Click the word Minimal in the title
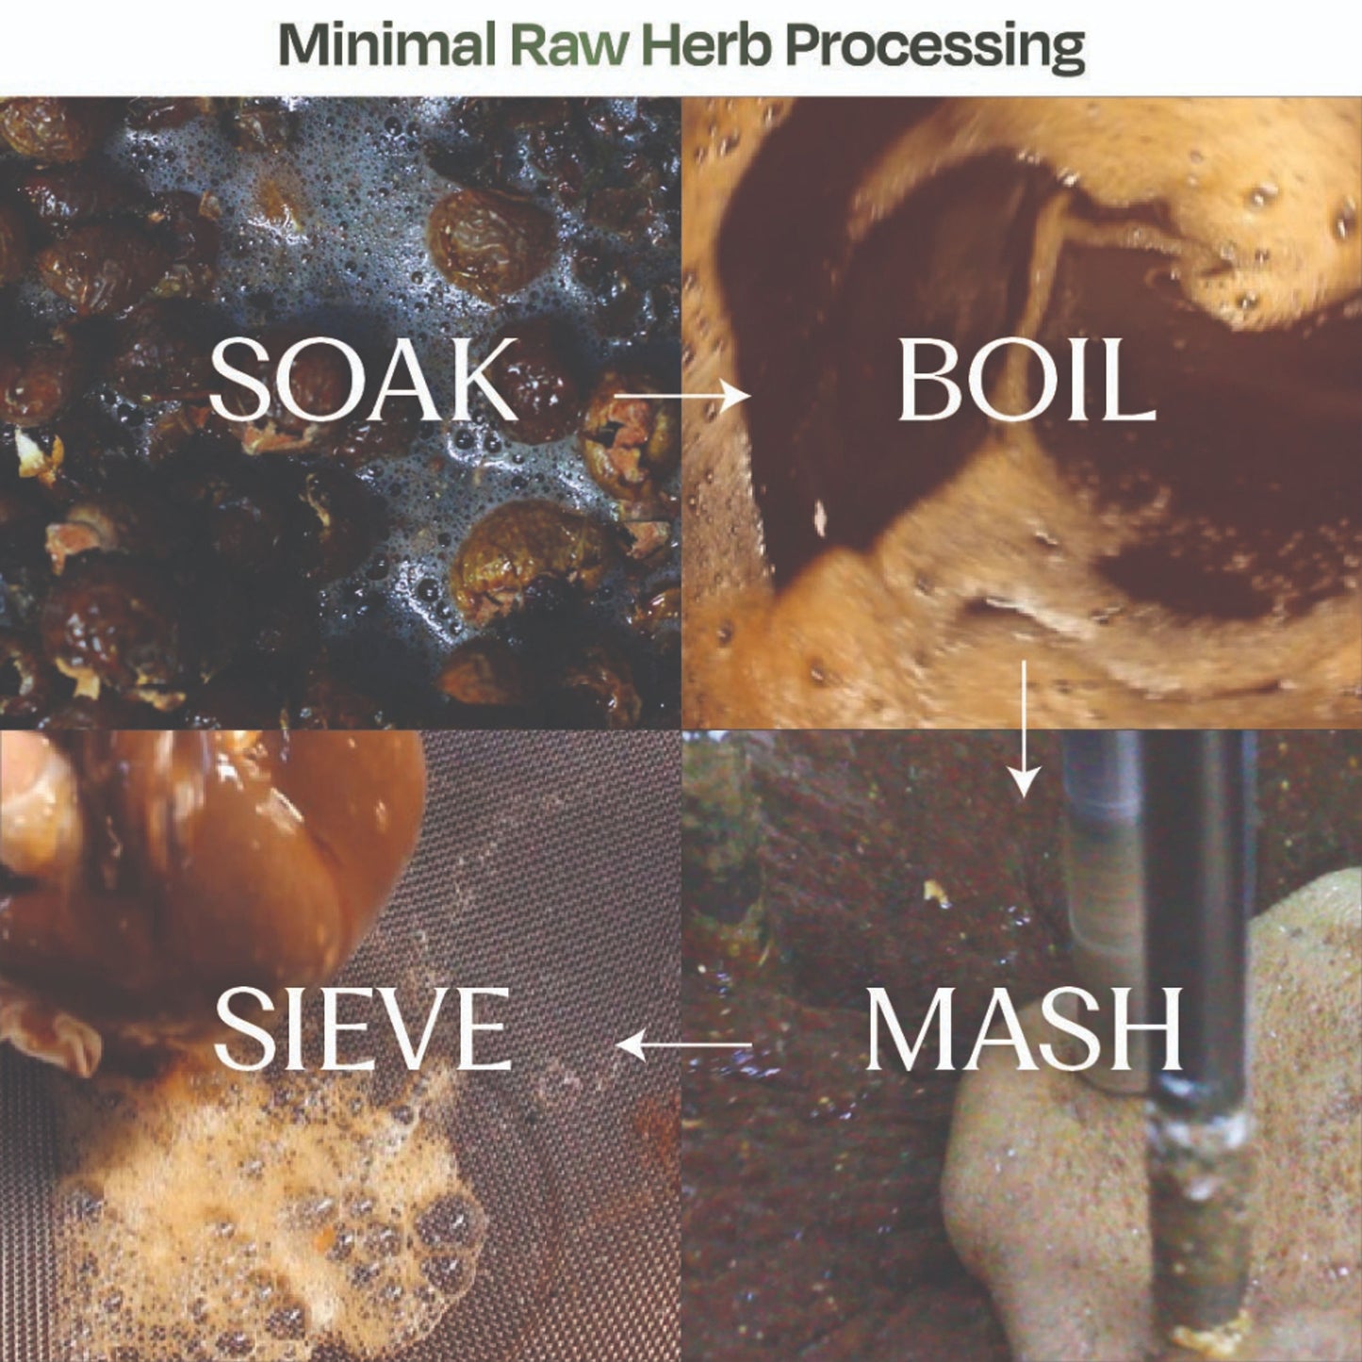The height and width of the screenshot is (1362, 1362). click(386, 45)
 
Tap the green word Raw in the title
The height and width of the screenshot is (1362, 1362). click(569, 45)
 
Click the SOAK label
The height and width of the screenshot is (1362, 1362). click(363, 379)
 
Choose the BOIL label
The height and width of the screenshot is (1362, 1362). click(1026, 380)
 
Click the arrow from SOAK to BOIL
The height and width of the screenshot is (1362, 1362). click(682, 396)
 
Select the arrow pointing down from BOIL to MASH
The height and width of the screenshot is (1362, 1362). click(1023, 729)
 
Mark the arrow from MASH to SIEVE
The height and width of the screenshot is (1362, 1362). click(683, 1044)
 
